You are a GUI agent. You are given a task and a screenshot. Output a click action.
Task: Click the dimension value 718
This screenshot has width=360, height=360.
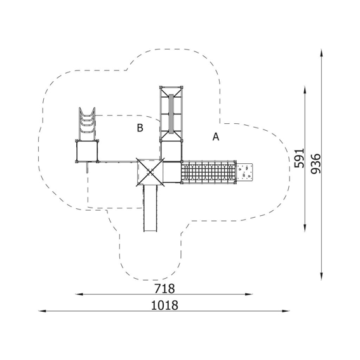pos(164,289)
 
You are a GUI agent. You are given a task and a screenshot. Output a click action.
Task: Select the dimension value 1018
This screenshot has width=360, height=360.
pos(164,305)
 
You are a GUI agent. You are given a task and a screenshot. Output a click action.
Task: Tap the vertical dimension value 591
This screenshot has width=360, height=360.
pos(300,158)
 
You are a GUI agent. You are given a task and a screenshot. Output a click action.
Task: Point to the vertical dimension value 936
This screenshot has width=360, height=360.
pos(316,164)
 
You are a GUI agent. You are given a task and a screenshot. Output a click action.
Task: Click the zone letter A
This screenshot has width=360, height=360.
pos(216,137)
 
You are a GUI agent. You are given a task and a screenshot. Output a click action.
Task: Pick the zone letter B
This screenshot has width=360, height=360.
pos(140,128)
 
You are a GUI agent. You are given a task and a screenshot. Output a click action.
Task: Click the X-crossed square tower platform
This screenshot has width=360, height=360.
pos(150,171)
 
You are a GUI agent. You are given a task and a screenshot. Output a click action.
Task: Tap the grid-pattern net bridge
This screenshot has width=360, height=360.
pos(209,171)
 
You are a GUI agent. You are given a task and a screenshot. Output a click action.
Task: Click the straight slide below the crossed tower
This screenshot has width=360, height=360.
pos(150,208)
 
